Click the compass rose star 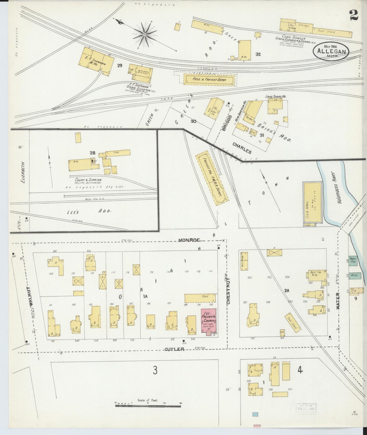coord(145,34)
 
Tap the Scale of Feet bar coord(148,406)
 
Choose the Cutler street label coord(174,349)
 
